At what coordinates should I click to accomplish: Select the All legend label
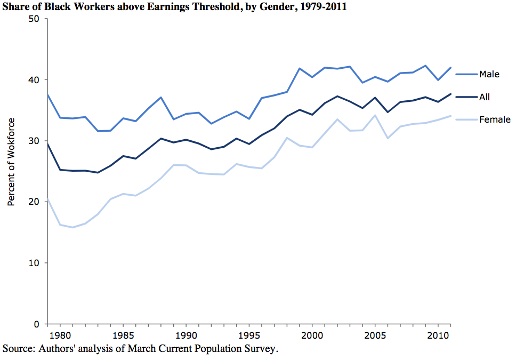tap(485, 97)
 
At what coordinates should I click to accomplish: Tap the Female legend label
tap(495, 120)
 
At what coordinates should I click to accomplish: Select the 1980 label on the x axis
tap(60, 337)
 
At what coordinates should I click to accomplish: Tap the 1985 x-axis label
tap(123, 337)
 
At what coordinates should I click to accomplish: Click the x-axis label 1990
tap(186, 337)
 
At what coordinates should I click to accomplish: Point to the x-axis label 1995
tap(248, 337)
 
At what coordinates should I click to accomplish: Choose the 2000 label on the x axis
tap(311, 337)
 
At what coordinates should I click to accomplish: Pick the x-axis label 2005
tap(374, 337)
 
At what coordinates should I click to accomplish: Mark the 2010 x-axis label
tap(437, 337)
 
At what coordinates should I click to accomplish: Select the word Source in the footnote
tap(17, 349)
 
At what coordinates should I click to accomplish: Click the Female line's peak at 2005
tap(375, 115)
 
